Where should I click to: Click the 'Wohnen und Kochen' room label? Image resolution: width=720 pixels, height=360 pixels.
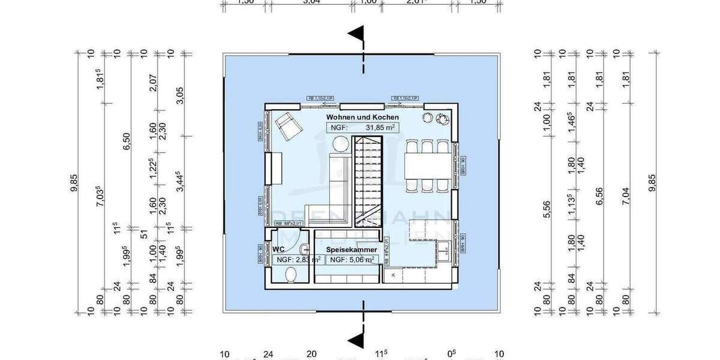(x=362, y=117)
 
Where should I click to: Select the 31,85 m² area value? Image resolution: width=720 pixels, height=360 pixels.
(x=382, y=128)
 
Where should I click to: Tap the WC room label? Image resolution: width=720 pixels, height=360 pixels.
(x=278, y=249)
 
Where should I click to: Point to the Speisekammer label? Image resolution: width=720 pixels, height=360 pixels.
(x=352, y=249)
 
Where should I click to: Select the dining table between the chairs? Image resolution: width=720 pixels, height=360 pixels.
(x=427, y=166)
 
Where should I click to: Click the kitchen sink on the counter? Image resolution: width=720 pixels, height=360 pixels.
(x=445, y=251)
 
